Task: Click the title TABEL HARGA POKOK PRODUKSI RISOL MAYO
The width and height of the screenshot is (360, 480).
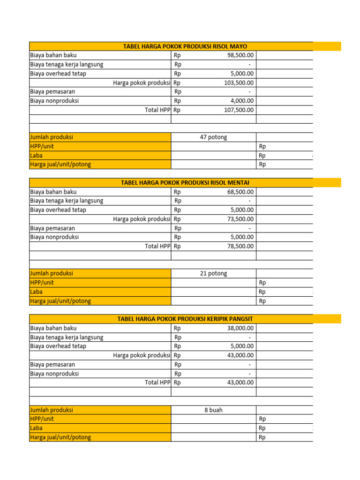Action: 185,46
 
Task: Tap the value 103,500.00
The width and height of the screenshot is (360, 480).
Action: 239,82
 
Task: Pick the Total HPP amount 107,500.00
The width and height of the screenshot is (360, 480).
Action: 239,110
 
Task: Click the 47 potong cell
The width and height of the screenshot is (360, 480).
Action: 213,137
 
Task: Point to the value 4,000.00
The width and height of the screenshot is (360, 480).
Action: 242,101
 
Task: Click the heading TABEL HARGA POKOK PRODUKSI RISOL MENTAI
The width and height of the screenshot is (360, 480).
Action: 185,182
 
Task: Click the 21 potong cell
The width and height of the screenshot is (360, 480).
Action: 213,274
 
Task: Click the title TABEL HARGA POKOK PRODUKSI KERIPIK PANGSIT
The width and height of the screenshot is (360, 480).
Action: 185,319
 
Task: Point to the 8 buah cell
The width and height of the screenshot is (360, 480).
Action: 213,410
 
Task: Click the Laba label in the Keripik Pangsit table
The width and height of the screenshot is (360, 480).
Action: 37,428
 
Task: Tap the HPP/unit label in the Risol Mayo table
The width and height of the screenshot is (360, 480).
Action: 42,146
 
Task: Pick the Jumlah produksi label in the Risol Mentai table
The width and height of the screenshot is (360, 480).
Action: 52,274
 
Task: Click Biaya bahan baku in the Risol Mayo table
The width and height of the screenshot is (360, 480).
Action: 53,55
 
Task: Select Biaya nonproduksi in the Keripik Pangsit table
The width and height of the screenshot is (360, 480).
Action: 54,374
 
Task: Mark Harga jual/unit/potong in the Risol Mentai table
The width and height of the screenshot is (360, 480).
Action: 60,301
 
